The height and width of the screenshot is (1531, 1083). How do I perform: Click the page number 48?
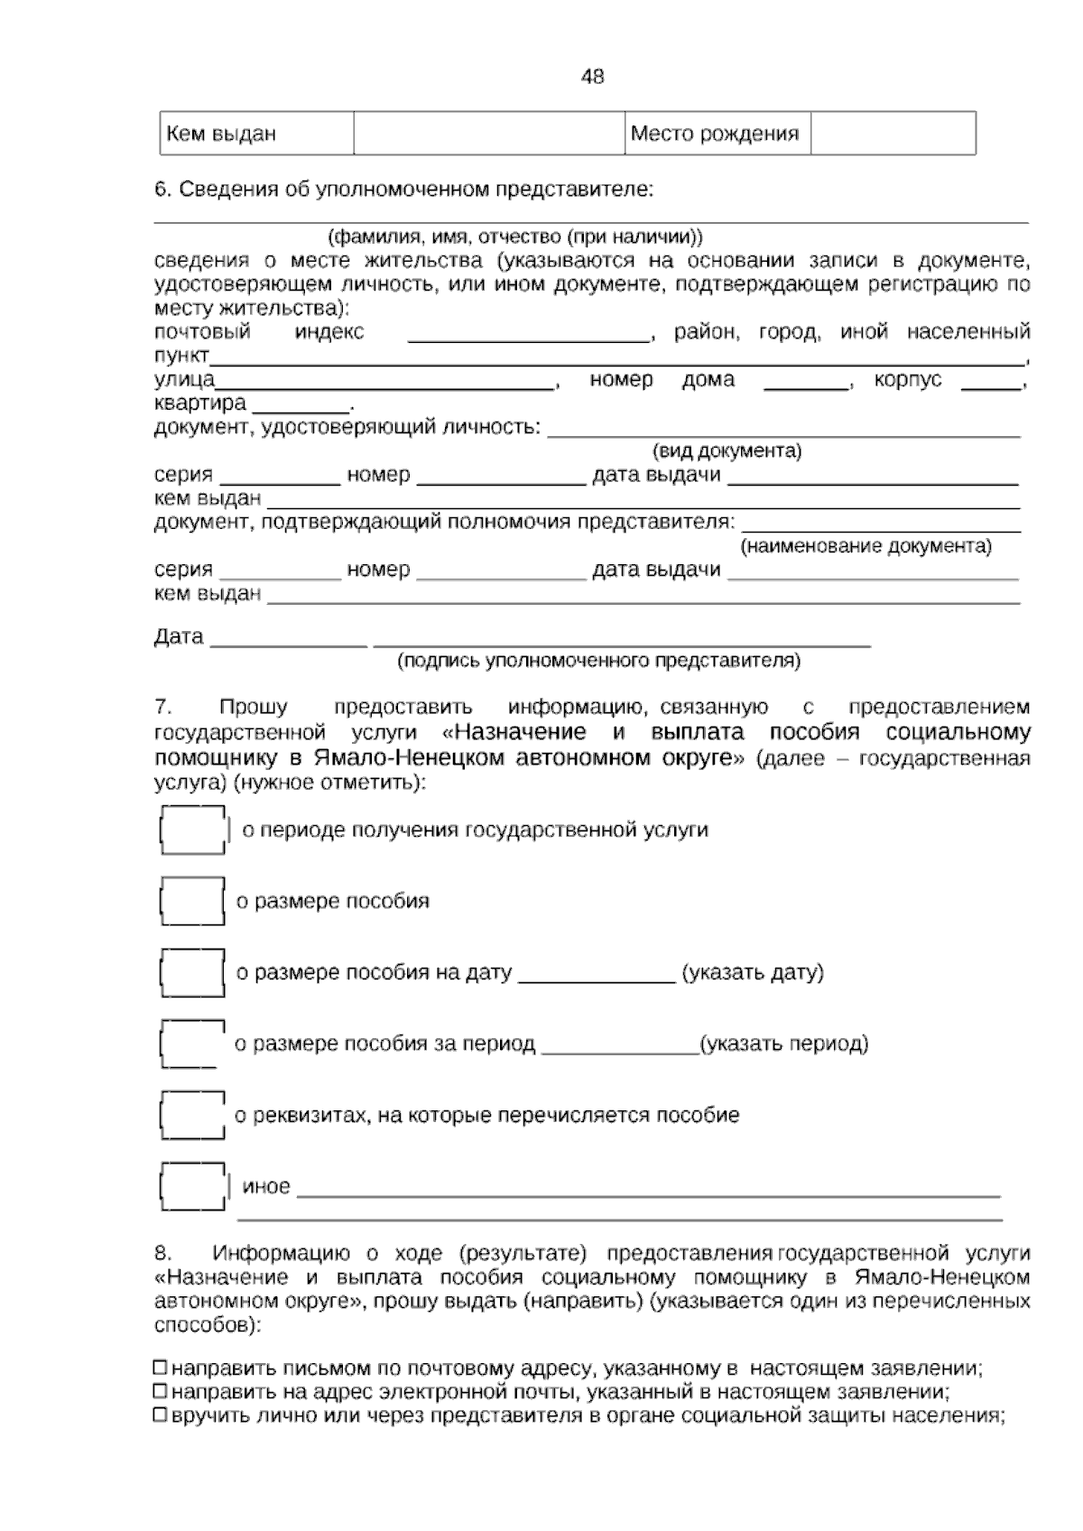(x=592, y=77)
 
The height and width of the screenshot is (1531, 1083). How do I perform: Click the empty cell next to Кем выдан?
(x=488, y=134)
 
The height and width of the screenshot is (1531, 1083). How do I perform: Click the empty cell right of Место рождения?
(x=892, y=134)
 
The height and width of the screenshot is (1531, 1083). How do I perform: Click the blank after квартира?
(x=301, y=406)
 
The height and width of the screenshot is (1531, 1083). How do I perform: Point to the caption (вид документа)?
(x=727, y=450)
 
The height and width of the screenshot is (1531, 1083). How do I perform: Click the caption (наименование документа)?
(x=865, y=546)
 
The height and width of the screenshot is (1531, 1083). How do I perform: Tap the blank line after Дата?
(x=289, y=641)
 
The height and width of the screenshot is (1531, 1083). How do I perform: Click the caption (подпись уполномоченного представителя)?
(x=598, y=661)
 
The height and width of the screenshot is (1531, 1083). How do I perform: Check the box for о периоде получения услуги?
(x=192, y=830)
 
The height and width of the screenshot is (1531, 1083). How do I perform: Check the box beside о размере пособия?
(x=192, y=901)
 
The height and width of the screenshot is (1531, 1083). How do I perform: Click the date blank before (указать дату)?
(x=597, y=975)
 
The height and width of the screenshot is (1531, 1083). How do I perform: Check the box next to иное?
(x=192, y=1186)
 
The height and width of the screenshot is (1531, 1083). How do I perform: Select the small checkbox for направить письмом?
(x=161, y=1367)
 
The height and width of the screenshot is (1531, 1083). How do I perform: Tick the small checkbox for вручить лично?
(x=161, y=1415)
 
